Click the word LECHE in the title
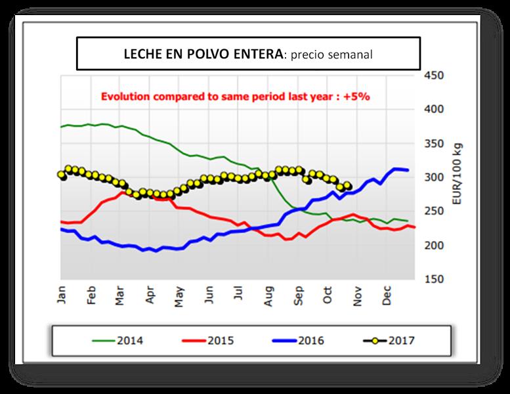(141, 54)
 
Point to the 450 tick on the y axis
(435, 75)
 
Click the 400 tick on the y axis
(435, 109)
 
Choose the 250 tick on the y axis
(435, 211)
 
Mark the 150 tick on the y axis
(435, 279)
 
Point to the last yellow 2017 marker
(348, 186)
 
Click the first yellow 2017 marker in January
(62, 175)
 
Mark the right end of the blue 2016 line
(408, 170)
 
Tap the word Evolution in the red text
(125, 96)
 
